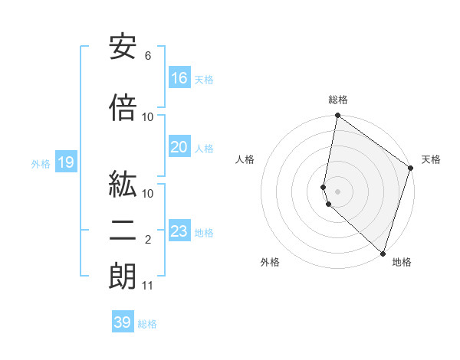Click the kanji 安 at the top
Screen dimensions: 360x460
click(123, 47)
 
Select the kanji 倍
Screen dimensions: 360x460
click(123, 108)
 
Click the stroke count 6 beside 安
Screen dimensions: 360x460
click(147, 56)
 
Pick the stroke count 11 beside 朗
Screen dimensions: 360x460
click(148, 286)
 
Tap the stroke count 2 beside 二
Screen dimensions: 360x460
click(147, 240)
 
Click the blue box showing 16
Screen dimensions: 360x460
click(179, 78)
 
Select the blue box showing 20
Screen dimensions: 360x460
click(179, 147)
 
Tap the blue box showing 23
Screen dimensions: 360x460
click(179, 231)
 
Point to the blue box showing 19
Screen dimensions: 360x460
click(65, 162)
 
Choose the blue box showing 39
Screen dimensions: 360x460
click(123, 322)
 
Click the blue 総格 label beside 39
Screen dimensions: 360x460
click(147, 324)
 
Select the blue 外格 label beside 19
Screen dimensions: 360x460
click(41, 163)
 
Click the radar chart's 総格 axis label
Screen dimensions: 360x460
click(338, 100)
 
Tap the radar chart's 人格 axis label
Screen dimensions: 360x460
click(245, 159)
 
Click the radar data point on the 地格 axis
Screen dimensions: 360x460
click(383, 253)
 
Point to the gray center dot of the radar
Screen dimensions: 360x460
click(338, 191)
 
